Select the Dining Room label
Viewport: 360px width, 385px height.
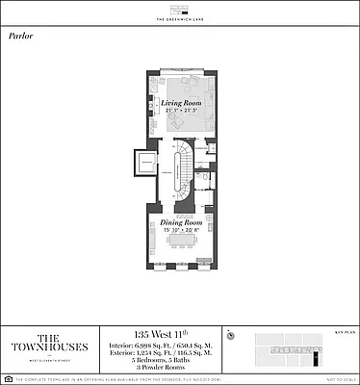coord(179,221)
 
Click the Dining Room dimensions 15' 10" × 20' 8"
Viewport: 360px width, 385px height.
coord(179,231)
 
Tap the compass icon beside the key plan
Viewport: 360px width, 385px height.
coord(232,336)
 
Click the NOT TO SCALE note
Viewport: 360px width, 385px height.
coord(337,379)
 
